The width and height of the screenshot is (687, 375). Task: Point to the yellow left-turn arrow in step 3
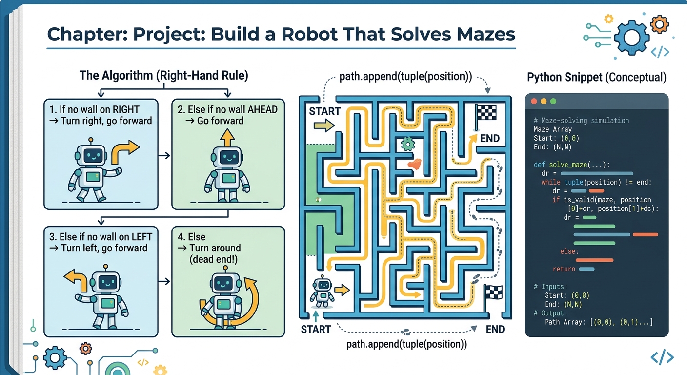pyautogui.click(x=77, y=280)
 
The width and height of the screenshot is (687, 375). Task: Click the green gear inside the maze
pyautogui.click(x=407, y=144)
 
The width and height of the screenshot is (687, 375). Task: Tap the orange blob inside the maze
pyautogui.click(x=415, y=164)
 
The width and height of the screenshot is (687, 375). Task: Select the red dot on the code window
pyautogui.click(x=533, y=102)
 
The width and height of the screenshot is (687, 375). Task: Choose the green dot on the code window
pyautogui.click(x=553, y=102)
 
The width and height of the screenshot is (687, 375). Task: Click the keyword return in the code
pyautogui.click(x=564, y=269)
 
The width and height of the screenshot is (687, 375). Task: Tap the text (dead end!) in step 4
pyautogui.click(x=213, y=260)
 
